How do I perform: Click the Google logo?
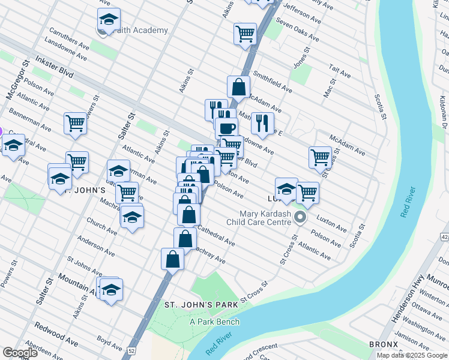pyautogui.click(x=20, y=353)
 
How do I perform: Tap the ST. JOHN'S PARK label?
pyautogui.click(x=201, y=305)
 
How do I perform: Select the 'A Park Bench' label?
pyautogui.click(x=214, y=322)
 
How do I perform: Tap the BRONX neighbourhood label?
pyautogui.click(x=384, y=344)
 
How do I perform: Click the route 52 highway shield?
pyautogui.click(x=130, y=350)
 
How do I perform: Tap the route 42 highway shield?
pyautogui.click(x=444, y=237)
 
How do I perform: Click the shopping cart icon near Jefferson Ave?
pyautogui.click(x=245, y=34)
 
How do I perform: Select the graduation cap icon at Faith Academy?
pyautogui.click(x=109, y=19)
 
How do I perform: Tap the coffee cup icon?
pyautogui.click(x=226, y=128)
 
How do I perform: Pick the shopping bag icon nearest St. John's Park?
pyautogui.click(x=172, y=259)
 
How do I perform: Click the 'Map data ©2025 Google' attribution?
pyautogui.click(x=412, y=355)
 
